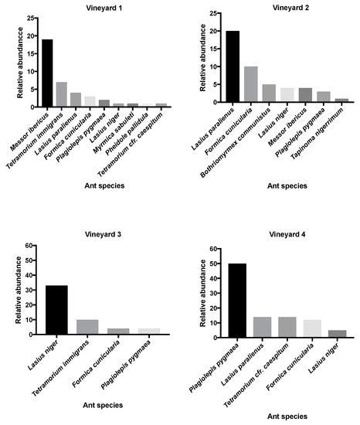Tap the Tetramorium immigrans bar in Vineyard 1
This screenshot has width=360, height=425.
[62, 93]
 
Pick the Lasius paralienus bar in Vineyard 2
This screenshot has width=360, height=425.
[233, 66]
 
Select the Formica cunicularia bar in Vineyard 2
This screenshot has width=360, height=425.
[250, 83]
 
